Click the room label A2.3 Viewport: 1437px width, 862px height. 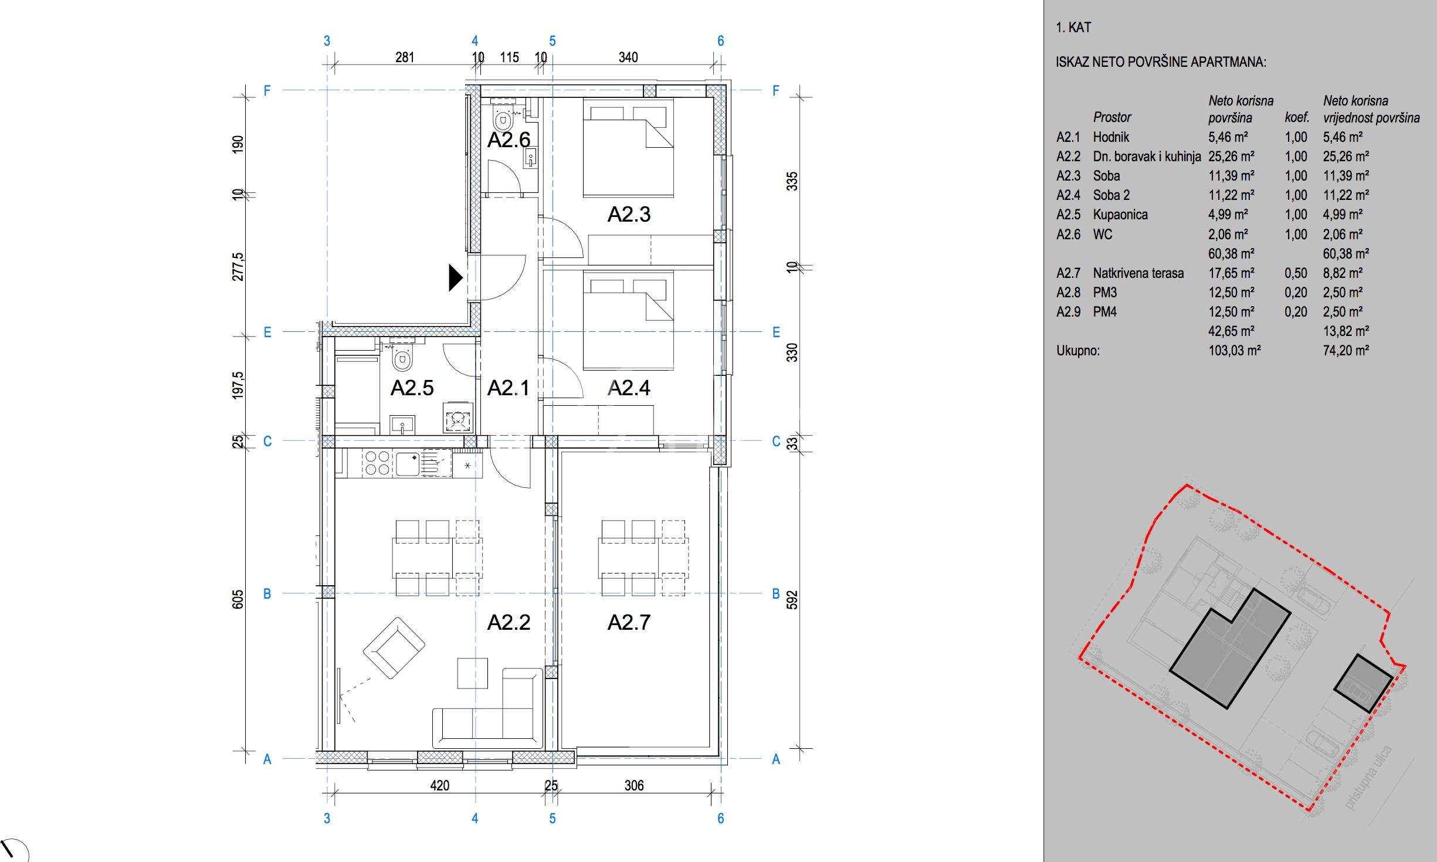tap(629, 214)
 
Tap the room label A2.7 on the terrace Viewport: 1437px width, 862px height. tap(629, 622)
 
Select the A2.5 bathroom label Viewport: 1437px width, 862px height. tap(412, 388)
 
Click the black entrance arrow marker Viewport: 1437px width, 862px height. tap(456, 278)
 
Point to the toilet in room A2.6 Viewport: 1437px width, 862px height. tap(502, 120)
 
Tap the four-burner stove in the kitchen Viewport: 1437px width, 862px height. tap(377, 462)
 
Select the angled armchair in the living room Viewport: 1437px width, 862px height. tap(394, 647)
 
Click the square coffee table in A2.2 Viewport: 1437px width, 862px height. tap(472, 673)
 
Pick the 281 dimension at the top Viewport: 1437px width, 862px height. tap(405, 57)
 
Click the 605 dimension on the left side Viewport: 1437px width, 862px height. tap(238, 600)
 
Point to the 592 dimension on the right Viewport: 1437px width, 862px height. tap(792, 600)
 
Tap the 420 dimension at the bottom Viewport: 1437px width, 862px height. tap(439, 786)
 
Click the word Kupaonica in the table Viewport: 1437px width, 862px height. tap(1120, 215)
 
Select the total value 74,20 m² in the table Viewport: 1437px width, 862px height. tap(1346, 351)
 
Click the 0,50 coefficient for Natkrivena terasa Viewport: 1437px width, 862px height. tap(1296, 273)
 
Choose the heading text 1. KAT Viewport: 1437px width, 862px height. tap(1073, 28)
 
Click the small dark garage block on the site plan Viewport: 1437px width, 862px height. tap(1364, 684)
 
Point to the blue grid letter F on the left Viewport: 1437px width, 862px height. tap(267, 91)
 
